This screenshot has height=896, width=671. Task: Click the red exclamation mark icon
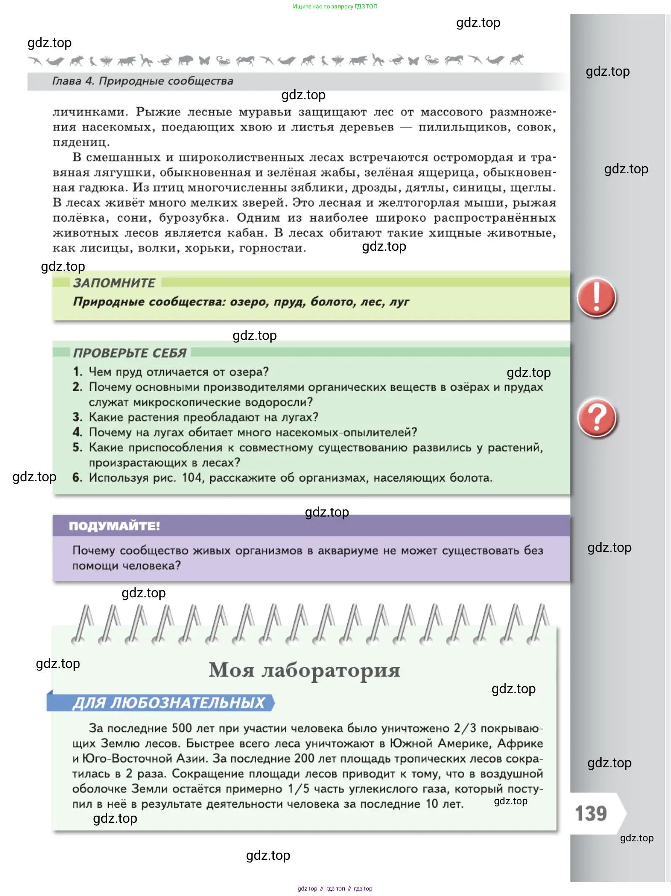(x=596, y=297)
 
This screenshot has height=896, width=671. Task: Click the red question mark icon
(x=597, y=418)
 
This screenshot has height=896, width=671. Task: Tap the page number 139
(x=591, y=814)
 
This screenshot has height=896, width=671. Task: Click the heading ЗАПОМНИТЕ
(x=114, y=283)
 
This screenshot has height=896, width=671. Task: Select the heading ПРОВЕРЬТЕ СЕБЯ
(x=129, y=353)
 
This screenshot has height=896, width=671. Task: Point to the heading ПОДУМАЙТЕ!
(x=114, y=526)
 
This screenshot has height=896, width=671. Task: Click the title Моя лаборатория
(x=304, y=670)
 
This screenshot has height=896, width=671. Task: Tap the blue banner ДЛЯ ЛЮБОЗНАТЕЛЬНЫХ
(x=168, y=703)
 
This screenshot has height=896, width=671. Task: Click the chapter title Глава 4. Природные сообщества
(x=143, y=81)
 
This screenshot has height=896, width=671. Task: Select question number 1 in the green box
(x=77, y=371)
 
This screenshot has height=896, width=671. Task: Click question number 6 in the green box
(x=77, y=477)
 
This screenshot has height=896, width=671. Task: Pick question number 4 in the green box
(x=77, y=432)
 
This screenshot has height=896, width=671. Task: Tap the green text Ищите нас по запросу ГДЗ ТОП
(x=335, y=6)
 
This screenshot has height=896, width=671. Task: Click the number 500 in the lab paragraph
(x=182, y=728)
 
